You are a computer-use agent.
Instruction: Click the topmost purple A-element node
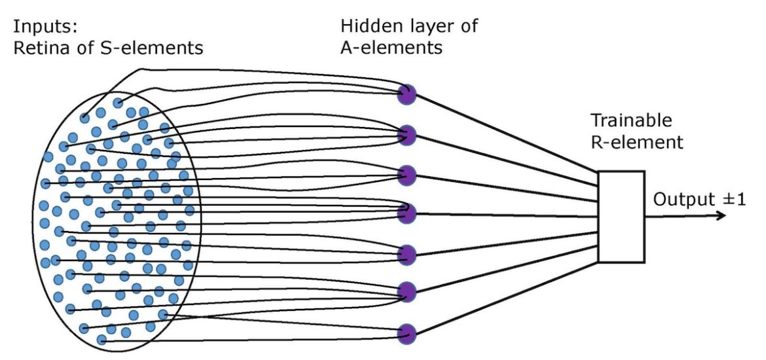click(407, 95)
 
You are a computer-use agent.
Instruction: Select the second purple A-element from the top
click(407, 135)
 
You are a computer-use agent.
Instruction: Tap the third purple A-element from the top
click(407, 175)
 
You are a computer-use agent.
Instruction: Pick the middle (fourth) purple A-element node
click(407, 213)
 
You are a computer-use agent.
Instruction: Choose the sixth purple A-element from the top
click(407, 292)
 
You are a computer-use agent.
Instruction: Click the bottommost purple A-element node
click(407, 333)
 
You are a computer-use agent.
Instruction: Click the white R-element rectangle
click(621, 217)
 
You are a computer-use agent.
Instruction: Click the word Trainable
click(631, 120)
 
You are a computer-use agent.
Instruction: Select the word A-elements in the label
click(392, 47)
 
